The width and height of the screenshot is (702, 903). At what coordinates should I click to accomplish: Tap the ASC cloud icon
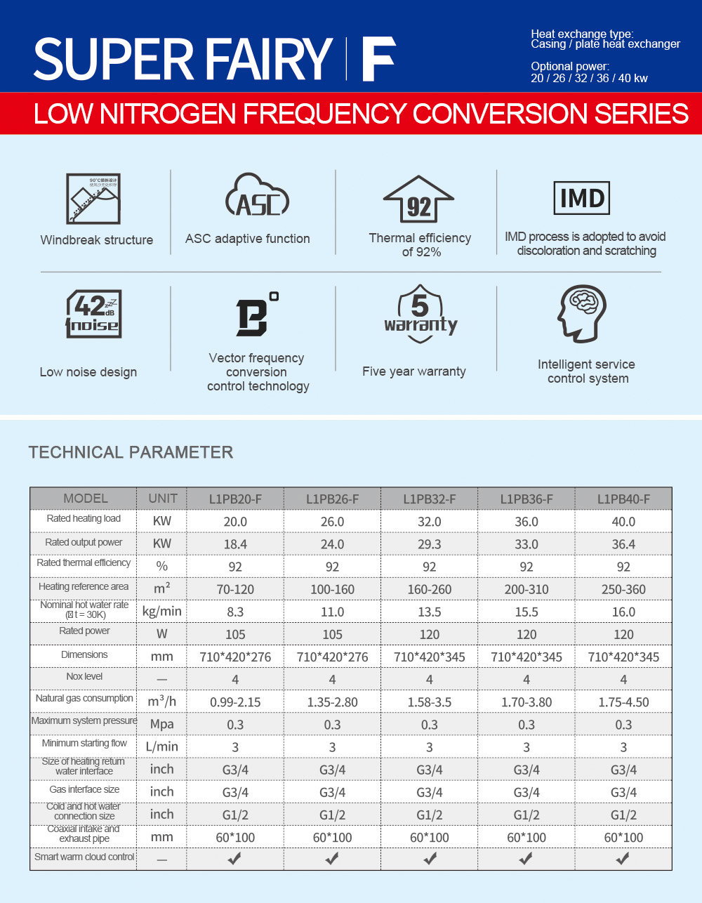pyautogui.click(x=257, y=195)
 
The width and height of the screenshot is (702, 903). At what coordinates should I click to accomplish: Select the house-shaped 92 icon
pyautogui.click(x=418, y=199)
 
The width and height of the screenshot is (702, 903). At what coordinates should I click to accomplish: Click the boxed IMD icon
pyautogui.click(x=581, y=198)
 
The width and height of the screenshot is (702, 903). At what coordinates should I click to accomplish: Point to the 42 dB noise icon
pyautogui.click(x=93, y=314)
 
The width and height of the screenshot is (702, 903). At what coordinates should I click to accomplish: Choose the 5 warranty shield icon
pyautogui.click(x=420, y=314)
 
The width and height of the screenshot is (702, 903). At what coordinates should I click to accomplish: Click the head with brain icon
pyautogui.click(x=581, y=314)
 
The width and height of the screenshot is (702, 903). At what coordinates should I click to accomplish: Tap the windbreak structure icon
pyautogui.click(x=93, y=199)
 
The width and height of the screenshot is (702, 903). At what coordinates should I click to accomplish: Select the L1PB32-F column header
pyautogui.click(x=430, y=499)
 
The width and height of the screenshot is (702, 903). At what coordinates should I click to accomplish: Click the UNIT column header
pyautogui.click(x=162, y=499)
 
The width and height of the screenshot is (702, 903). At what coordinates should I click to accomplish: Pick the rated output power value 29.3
pyautogui.click(x=429, y=544)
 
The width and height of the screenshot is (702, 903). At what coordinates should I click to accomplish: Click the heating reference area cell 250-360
pyautogui.click(x=623, y=589)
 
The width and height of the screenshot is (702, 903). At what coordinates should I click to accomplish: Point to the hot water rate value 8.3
pyautogui.click(x=235, y=612)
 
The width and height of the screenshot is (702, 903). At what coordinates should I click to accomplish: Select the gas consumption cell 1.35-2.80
pyautogui.click(x=332, y=702)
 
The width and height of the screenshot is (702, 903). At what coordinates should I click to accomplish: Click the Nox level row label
pyautogui.click(x=84, y=676)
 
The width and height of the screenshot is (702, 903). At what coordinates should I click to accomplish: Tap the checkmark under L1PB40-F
pyautogui.click(x=623, y=858)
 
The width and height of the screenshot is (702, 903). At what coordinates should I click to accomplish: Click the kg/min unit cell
pyautogui.click(x=162, y=612)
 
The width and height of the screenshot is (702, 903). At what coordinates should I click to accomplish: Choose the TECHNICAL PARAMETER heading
pyautogui.click(x=131, y=452)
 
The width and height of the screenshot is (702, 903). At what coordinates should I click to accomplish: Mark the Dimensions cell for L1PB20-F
pyautogui.click(x=235, y=657)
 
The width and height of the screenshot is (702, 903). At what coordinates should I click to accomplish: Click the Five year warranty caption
pyautogui.click(x=413, y=371)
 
